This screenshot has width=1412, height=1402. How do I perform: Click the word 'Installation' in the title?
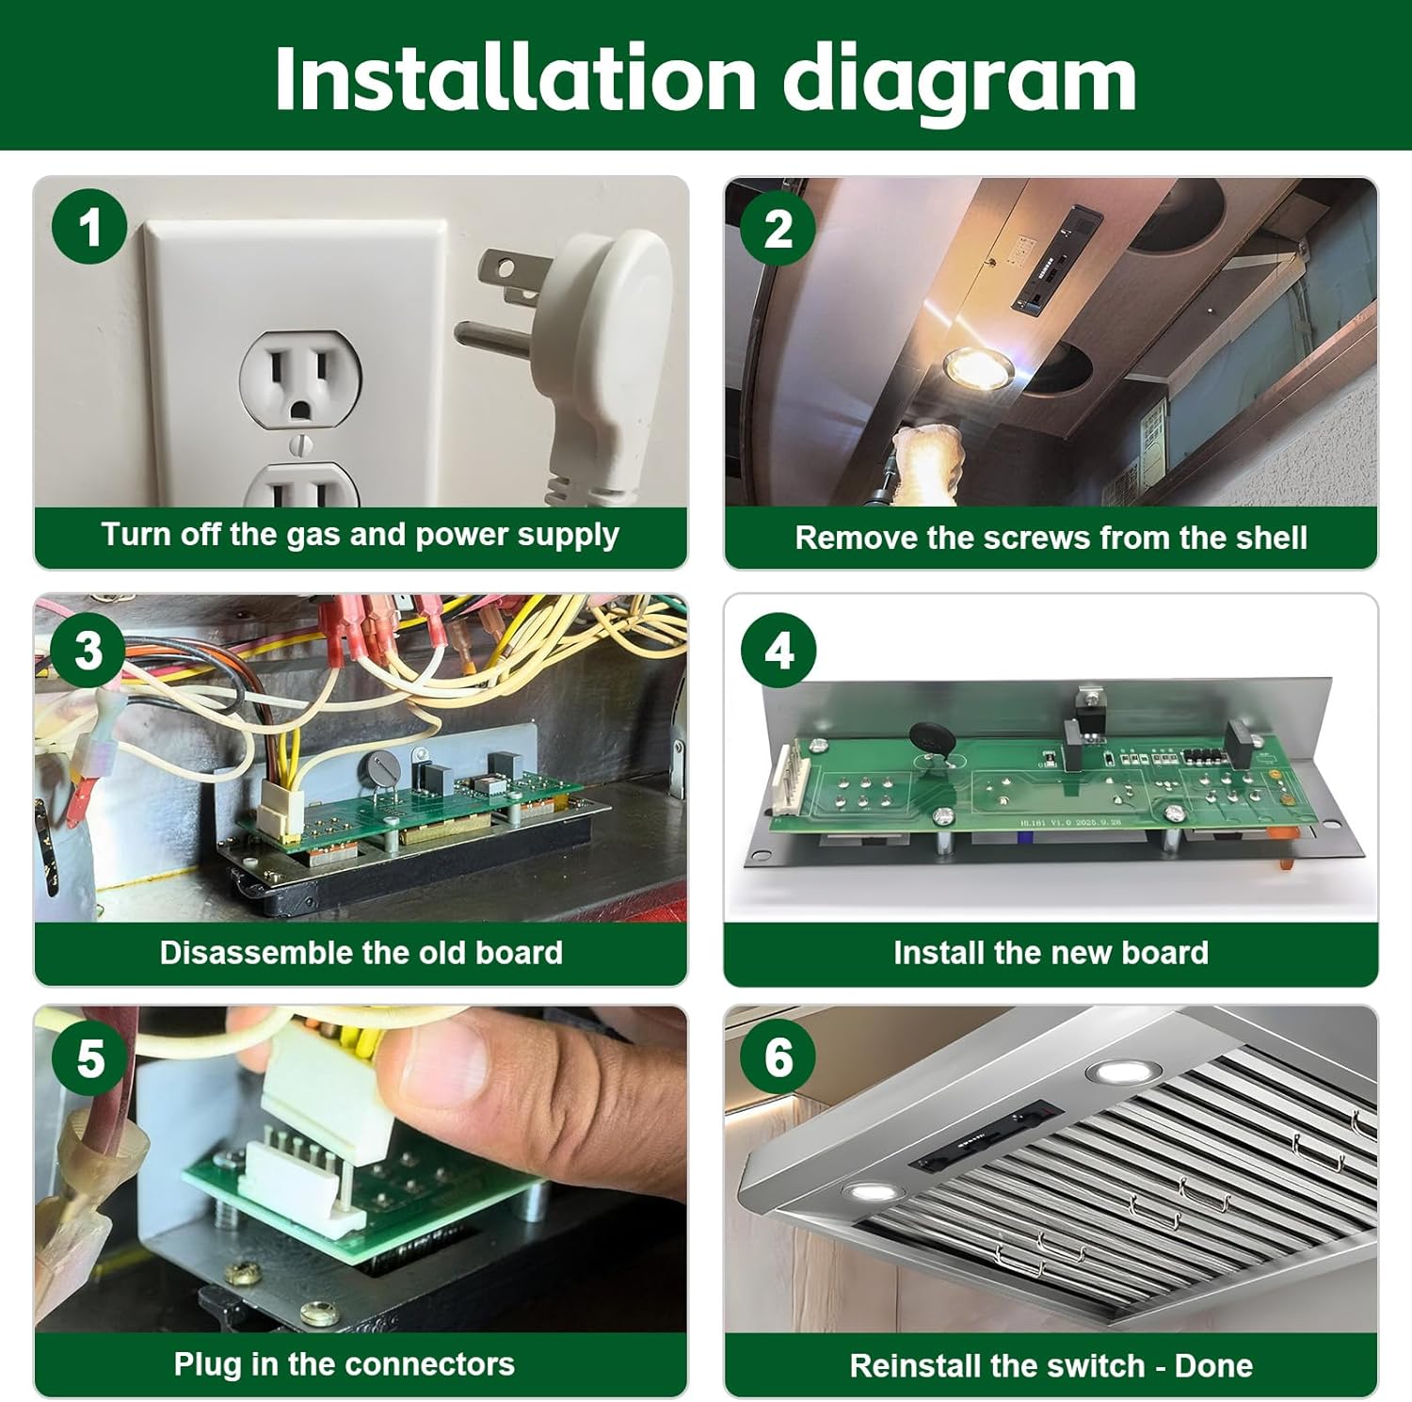pyautogui.click(x=515, y=77)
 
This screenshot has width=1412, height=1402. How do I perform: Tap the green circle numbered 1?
pyautogui.click(x=89, y=227)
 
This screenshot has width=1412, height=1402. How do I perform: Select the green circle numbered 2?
pyautogui.click(x=778, y=229)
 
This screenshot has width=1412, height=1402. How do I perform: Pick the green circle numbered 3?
pyautogui.click(x=88, y=650)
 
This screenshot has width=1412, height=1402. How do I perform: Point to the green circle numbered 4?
pyautogui.click(x=778, y=650)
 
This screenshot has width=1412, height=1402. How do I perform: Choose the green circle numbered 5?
pyautogui.click(x=90, y=1058)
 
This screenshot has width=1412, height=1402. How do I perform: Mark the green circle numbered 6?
pyautogui.click(x=778, y=1056)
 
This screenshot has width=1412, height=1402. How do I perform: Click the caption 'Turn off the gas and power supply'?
pyautogui.click(x=361, y=535)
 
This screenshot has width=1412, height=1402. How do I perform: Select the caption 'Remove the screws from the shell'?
pyautogui.click(x=1051, y=538)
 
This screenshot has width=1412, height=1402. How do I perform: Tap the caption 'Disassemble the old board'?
pyautogui.click(x=361, y=952)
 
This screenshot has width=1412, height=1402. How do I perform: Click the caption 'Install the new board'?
pyautogui.click(x=1051, y=952)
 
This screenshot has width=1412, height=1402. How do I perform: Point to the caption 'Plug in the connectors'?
pyautogui.click(x=344, y=1363)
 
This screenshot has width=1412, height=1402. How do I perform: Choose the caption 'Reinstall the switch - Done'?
pyautogui.click(x=1051, y=1365)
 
